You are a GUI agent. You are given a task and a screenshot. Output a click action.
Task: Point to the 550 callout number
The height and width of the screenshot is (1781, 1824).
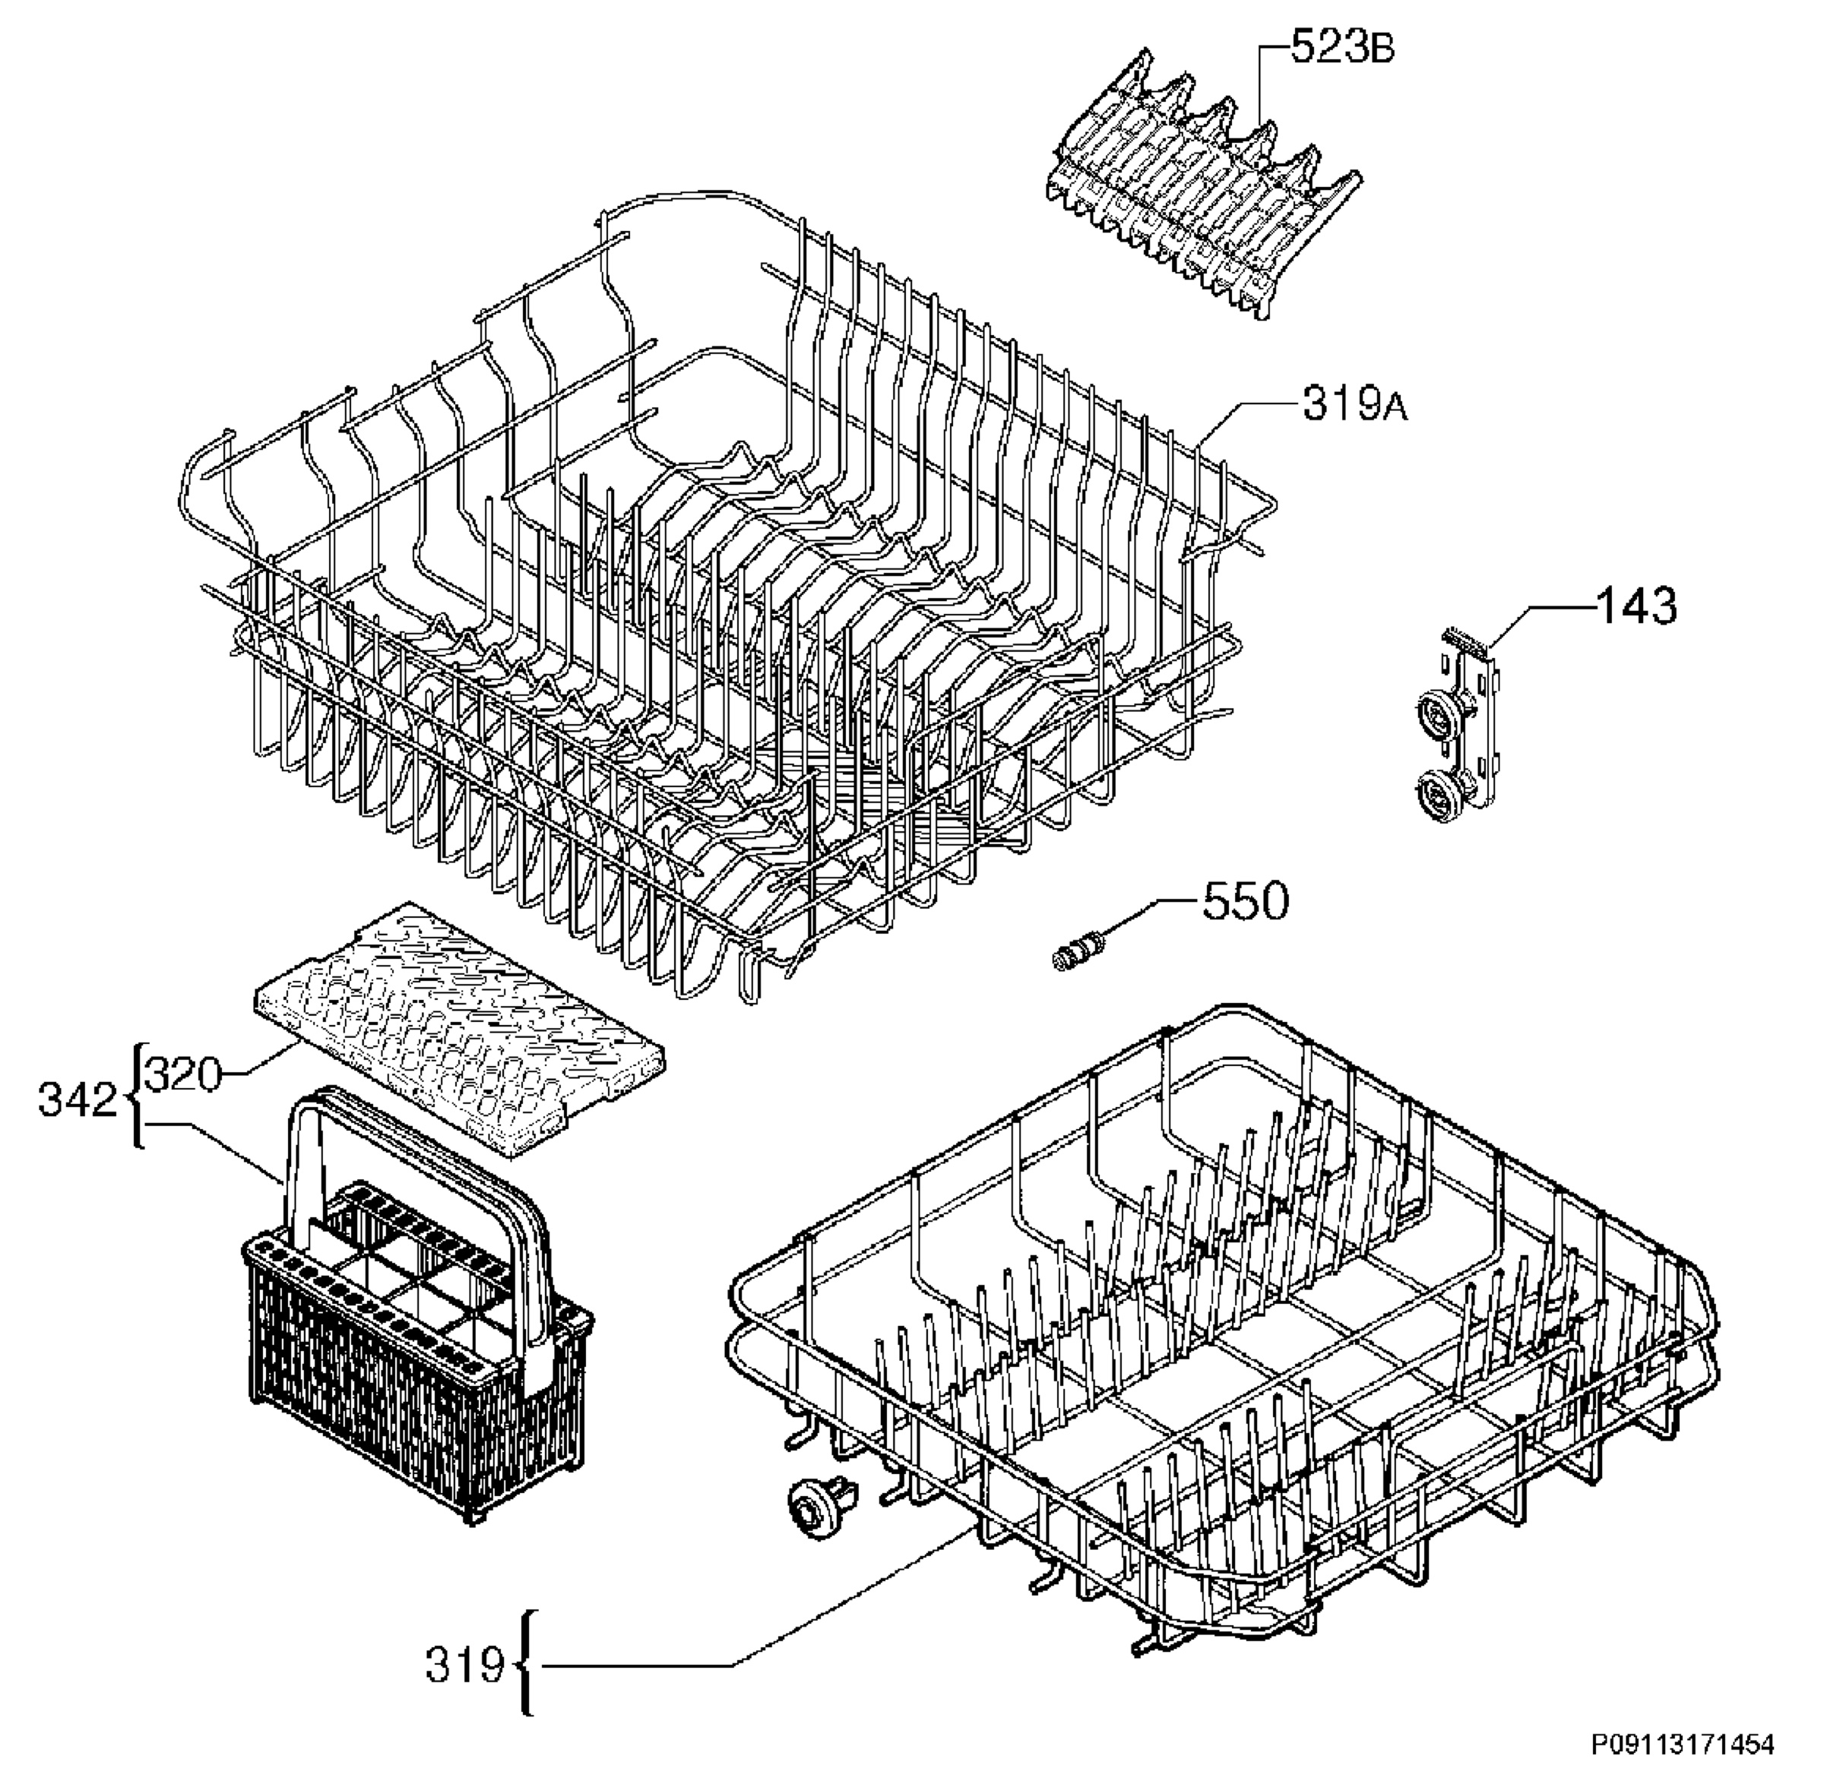tap(1245, 902)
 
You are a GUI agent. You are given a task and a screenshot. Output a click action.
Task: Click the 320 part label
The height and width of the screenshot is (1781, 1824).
tap(185, 1074)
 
